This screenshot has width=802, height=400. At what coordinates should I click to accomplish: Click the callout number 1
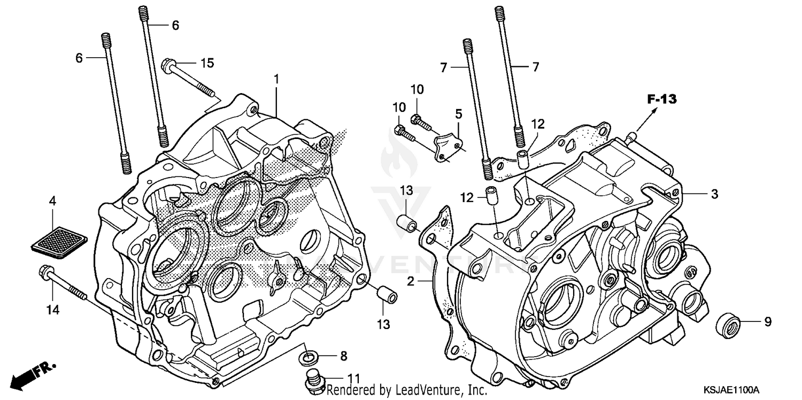(276, 79)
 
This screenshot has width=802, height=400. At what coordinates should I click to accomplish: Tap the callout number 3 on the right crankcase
(714, 194)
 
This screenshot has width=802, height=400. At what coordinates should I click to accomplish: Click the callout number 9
(767, 322)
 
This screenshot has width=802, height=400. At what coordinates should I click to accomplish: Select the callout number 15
(207, 63)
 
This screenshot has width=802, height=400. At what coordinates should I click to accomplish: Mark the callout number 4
(52, 202)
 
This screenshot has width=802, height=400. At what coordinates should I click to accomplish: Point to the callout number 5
(458, 113)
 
